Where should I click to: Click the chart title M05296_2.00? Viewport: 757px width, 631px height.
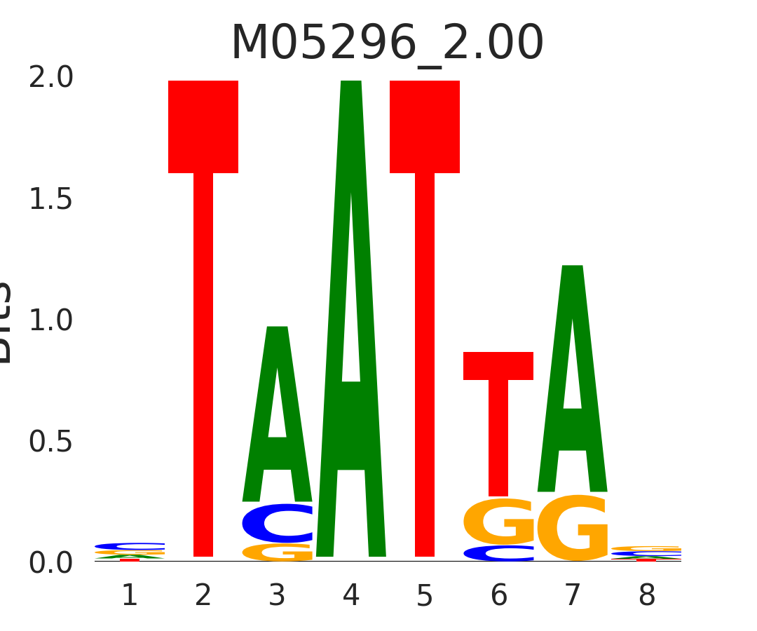(x=387, y=43)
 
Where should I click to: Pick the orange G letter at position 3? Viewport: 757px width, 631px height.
(x=278, y=552)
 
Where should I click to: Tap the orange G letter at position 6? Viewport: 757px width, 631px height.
(x=498, y=522)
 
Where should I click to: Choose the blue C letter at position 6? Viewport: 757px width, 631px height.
(x=498, y=553)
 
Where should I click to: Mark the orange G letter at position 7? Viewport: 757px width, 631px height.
(x=573, y=529)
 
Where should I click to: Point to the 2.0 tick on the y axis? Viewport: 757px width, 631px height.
(x=51, y=78)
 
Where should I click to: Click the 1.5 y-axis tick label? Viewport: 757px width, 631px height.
(x=51, y=200)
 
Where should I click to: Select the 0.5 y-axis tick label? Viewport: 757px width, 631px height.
(x=51, y=442)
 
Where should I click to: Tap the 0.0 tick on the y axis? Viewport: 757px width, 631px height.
(x=51, y=563)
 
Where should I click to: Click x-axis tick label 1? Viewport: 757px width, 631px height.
(x=130, y=596)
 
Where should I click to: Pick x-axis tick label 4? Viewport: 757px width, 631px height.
(x=351, y=596)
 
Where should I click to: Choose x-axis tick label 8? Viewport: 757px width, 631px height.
(x=646, y=596)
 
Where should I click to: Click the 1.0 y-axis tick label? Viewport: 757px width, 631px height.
(x=51, y=321)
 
